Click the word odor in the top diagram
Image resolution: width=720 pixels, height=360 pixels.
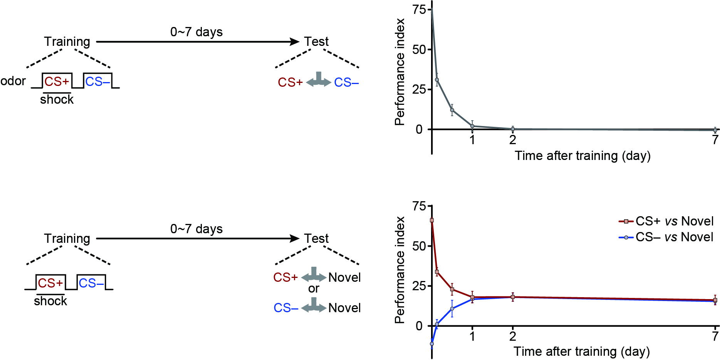[13, 81]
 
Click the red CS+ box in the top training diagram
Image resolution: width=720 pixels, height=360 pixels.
[57, 81]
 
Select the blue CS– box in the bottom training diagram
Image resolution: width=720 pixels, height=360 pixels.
[91, 283]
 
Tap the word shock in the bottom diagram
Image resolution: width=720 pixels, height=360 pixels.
[50, 301]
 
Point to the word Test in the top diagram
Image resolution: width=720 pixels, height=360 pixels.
[316, 42]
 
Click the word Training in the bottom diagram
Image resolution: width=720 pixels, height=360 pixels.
[67, 239]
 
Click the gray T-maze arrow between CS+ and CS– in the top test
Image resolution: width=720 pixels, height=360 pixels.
[319, 80]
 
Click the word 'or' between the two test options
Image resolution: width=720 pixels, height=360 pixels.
[314, 288]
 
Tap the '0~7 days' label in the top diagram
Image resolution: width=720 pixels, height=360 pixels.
[196, 32]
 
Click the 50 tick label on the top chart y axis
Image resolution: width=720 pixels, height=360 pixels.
[419, 50]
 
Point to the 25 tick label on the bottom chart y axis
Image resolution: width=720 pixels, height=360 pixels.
[419, 286]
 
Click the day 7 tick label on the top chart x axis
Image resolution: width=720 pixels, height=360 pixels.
[715, 140]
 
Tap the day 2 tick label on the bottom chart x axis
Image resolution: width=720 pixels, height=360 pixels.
[512, 336]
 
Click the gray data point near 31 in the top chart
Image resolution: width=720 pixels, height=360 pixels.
[437, 80]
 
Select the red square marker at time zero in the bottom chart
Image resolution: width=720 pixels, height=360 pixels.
[432, 220]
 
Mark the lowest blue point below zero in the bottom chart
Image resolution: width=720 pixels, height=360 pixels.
[432, 344]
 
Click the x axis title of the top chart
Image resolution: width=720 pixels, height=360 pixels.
[582, 156]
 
